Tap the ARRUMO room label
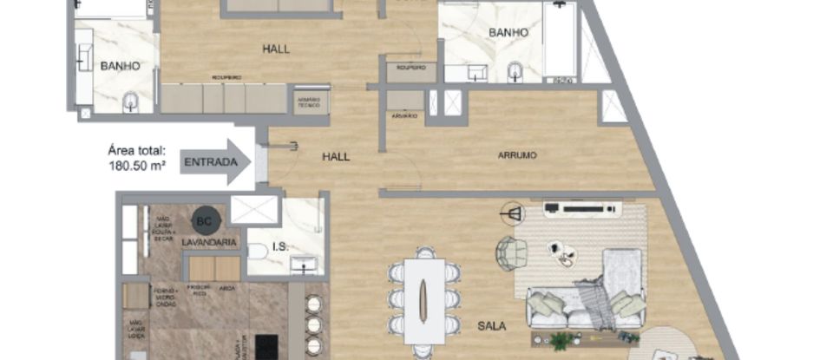(x=517, y=156)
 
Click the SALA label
(x=493, y=326)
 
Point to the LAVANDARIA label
(x=209, y=242)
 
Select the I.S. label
(x=280, y=247)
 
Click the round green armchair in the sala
(x=511, y=252)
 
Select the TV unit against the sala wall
(x=580, y=208)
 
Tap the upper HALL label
(x=276, y=49)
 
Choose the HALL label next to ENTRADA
(x=336, y=156)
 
